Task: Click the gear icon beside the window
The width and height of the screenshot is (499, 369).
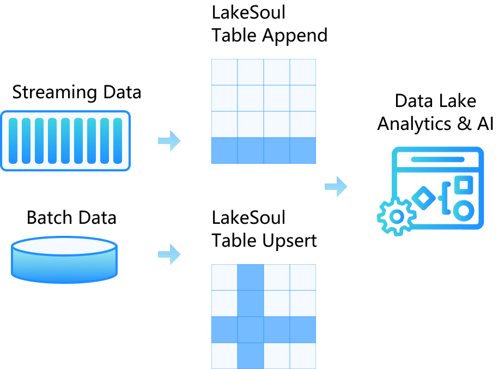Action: coord(397,217)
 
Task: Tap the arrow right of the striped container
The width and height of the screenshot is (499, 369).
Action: coord(169,141)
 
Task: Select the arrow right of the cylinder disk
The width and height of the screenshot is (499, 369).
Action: coord(169,254)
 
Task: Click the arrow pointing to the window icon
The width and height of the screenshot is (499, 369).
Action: coord(336,187)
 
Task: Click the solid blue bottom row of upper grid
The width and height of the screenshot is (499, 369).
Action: coord(264,151)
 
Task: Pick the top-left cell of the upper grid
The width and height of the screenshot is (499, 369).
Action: coord(224,72)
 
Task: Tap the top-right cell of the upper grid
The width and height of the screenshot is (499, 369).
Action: coord(303,72)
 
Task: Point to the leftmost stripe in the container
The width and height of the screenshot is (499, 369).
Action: coord(13,141)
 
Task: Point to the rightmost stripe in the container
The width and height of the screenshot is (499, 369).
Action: coord(118,141)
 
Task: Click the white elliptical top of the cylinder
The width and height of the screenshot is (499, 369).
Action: coord(64,246)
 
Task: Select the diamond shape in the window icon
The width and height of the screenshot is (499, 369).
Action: coord(423,198)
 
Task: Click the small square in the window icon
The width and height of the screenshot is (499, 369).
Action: coord(464,184)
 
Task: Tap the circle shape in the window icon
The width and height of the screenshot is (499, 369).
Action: coord(464,211)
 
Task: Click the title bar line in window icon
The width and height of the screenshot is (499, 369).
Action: coord(438,159)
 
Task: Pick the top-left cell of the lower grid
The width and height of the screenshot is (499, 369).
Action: coord(224,277)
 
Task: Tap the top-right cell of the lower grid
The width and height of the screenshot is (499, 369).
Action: coord(303,277)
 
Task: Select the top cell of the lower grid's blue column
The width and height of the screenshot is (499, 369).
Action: coord(251,277)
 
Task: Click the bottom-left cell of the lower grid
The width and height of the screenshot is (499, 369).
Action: coord(224,355)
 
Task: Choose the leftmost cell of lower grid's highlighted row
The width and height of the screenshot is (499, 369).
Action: coord(224,330)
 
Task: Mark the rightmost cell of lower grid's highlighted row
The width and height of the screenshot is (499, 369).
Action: coord(303,330)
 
